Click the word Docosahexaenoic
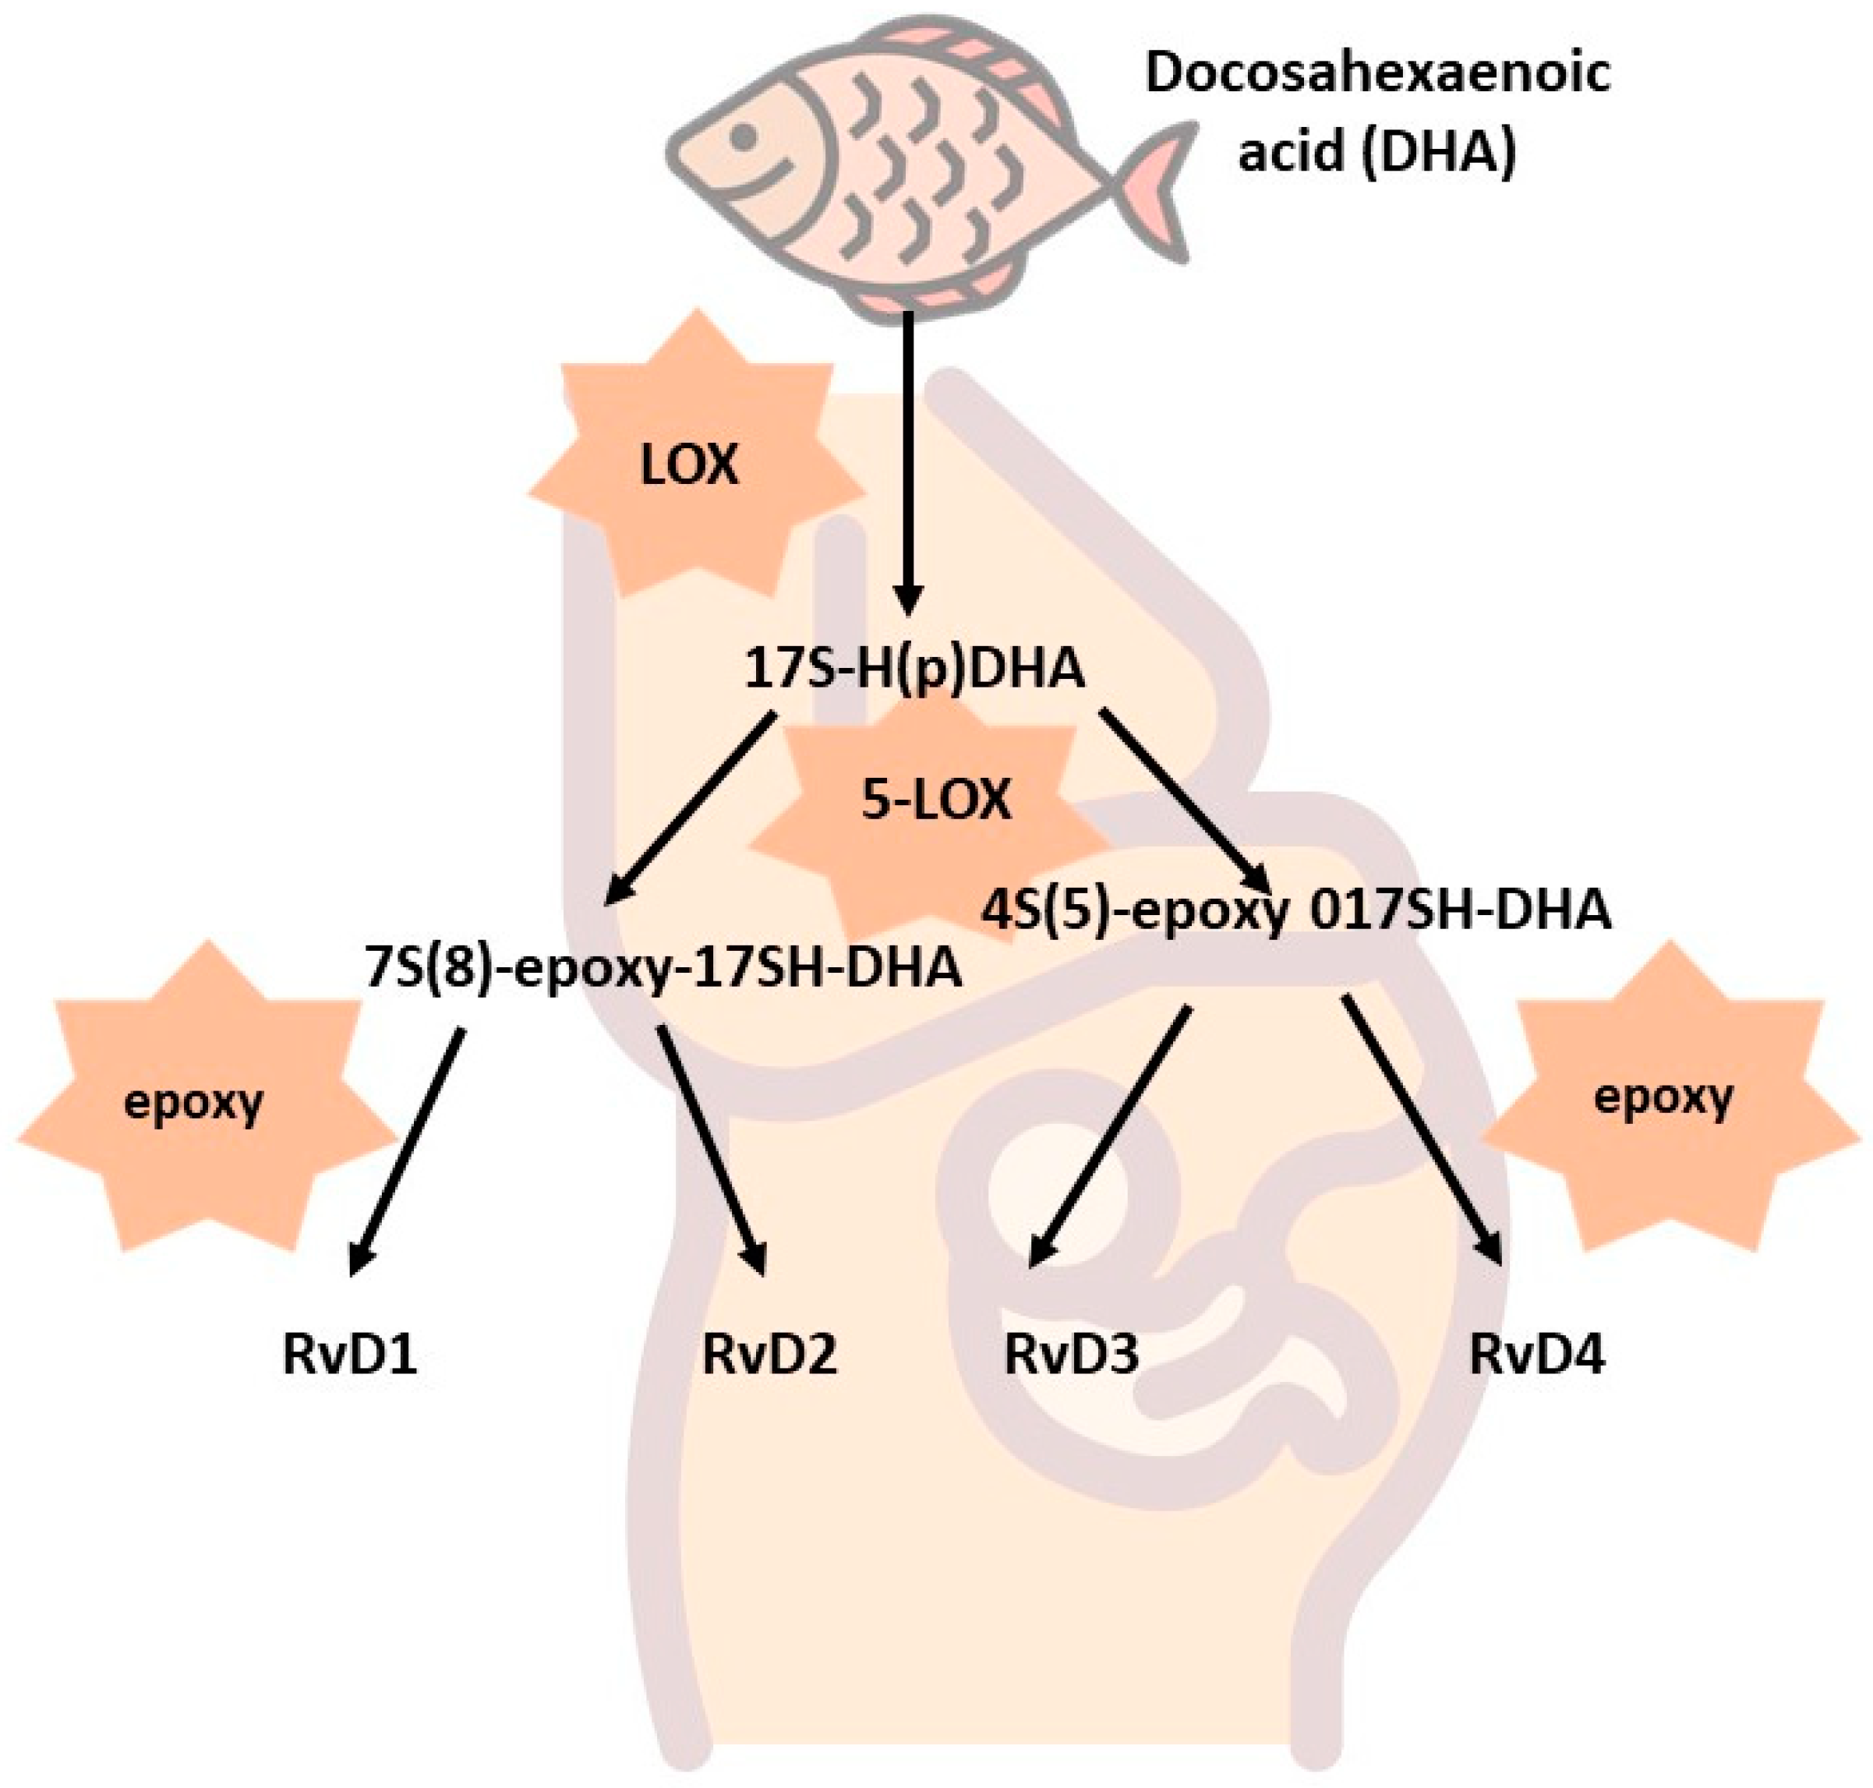[1376, 74]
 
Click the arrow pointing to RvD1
[407, 1148]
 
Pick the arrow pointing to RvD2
[712, 1148]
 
